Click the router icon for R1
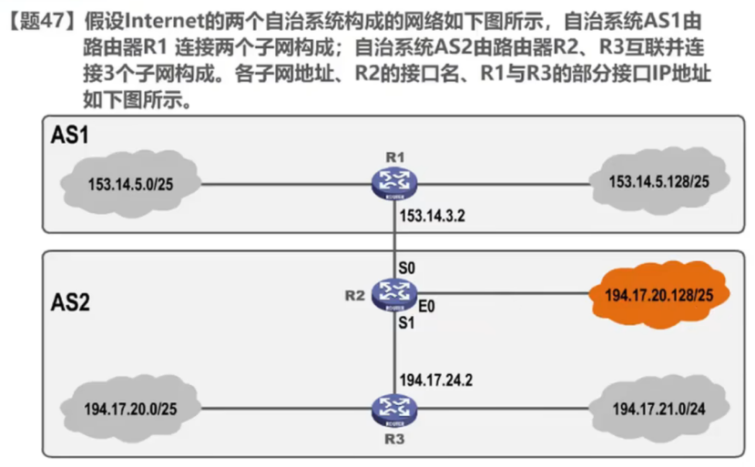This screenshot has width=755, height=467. pos(394,183)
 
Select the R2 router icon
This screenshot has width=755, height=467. pos(394,293)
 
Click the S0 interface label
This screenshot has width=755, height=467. pos(407,268)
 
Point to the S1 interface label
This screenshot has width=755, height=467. pos(407,322)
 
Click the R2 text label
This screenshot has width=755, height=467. pos(355,294)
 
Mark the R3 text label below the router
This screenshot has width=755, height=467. pos(394,439)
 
